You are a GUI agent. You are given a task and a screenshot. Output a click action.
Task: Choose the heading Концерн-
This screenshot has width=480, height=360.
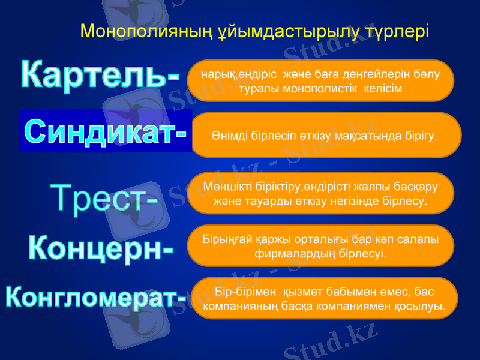pyautogui.click(x=101, y=247)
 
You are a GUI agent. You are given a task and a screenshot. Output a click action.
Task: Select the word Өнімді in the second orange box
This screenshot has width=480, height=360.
pyautogui.click(x=226, y=136)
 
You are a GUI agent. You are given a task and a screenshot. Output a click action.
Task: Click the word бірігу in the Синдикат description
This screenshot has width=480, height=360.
pyautogui.click(x=421, y=136)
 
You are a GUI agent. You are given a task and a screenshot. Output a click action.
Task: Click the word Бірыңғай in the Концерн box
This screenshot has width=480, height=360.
pyautogui.click(x=225, y=239)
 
